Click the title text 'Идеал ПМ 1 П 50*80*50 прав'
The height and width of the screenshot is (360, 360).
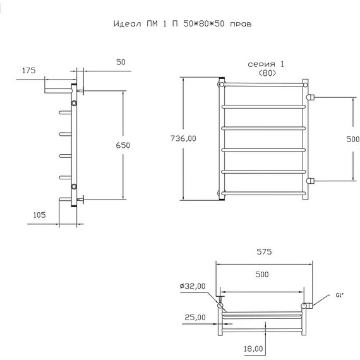(183, 23)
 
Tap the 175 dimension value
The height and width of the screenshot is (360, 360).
(29, 71)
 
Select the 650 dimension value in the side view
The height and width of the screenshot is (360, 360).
(123, 145)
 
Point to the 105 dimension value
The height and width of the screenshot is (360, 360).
(40, 215)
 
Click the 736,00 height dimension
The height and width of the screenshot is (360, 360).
(183, 138)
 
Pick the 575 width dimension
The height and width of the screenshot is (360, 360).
(264, 252)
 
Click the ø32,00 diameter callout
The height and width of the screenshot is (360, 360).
(193, 286)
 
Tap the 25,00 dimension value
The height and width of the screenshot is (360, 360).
(195, 317)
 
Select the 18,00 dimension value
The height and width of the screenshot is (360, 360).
(253, 349)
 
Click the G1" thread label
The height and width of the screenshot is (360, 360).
(340, 296)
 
